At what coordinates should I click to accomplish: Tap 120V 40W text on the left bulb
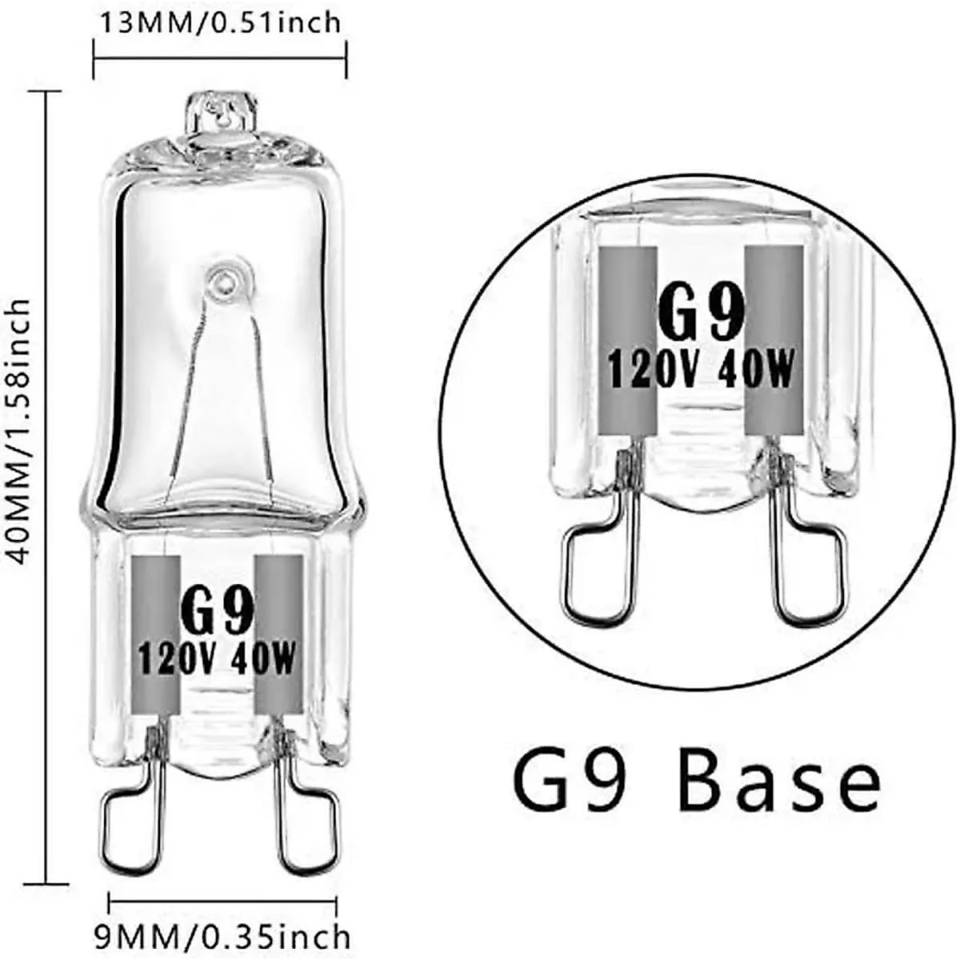point(218,659)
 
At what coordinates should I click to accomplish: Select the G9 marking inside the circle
point(701,314)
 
